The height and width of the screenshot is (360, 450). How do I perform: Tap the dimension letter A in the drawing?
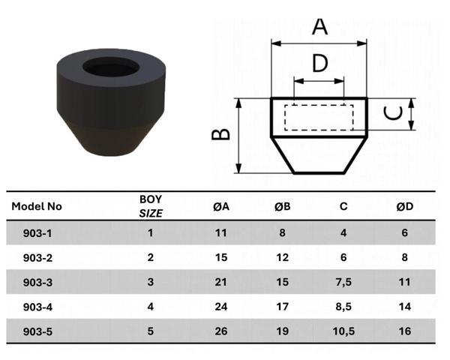(x=320, y=26)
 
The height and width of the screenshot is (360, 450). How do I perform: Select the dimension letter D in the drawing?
(x=320, y=63)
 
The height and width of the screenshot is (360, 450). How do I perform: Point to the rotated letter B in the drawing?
(x=220, y=134)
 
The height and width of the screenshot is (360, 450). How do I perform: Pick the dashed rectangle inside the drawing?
(x=319, y=117)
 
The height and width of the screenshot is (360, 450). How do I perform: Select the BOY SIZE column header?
(x=151, y=206)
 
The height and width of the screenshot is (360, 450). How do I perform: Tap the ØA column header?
(x=220, y=206)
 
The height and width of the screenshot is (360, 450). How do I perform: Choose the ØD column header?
(x=405, y=206)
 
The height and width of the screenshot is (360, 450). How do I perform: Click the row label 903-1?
(x=37, y=232)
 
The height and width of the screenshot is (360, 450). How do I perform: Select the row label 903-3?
(x=37, y=282)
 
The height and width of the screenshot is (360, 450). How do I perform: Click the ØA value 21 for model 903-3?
(x=220, y=282)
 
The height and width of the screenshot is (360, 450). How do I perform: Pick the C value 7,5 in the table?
(x=343, y=282)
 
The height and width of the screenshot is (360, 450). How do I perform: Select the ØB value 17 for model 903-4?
(x=282, y=307)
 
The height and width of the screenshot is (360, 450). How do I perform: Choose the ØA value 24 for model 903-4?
(x=220, y=307)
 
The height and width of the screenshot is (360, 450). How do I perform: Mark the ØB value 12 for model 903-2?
(x=282, y=257)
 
